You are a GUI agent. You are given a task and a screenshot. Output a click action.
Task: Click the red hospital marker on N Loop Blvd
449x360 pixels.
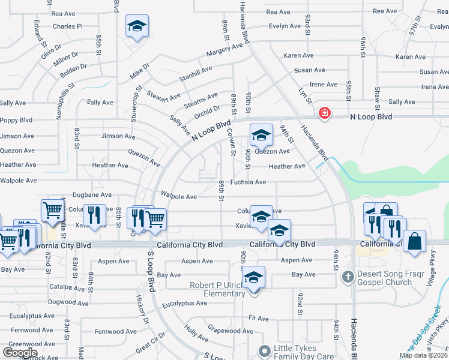point(325,113)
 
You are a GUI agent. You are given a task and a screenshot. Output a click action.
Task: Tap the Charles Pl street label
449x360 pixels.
point(67,26)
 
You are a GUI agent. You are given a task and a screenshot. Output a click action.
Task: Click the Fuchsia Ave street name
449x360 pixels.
point(248,182)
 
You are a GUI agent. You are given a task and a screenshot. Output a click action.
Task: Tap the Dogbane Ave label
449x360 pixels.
point(92,194)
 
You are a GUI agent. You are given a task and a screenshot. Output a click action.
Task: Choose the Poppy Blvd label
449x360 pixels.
point(16,120)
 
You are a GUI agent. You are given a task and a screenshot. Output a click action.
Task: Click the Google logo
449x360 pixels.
point(20,353)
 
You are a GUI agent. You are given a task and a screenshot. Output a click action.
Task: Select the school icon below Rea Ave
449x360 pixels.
point(137,27)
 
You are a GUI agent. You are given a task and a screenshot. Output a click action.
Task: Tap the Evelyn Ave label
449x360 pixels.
point(285,26)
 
